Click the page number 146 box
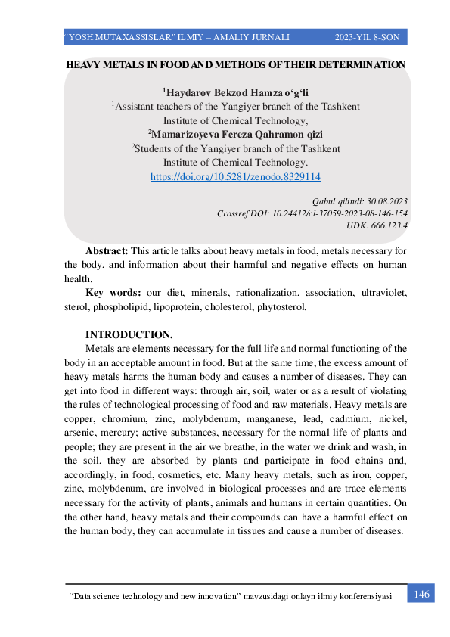(x=421, y=595)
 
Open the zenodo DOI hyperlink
(x=236, y=176)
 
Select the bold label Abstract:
(x=107, y=250)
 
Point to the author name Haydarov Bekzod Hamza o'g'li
(x=236, y=93)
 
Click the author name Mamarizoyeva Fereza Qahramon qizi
(x=236, y=134)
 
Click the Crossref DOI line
(x=312, y=213)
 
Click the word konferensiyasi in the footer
(x=362, y=597)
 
